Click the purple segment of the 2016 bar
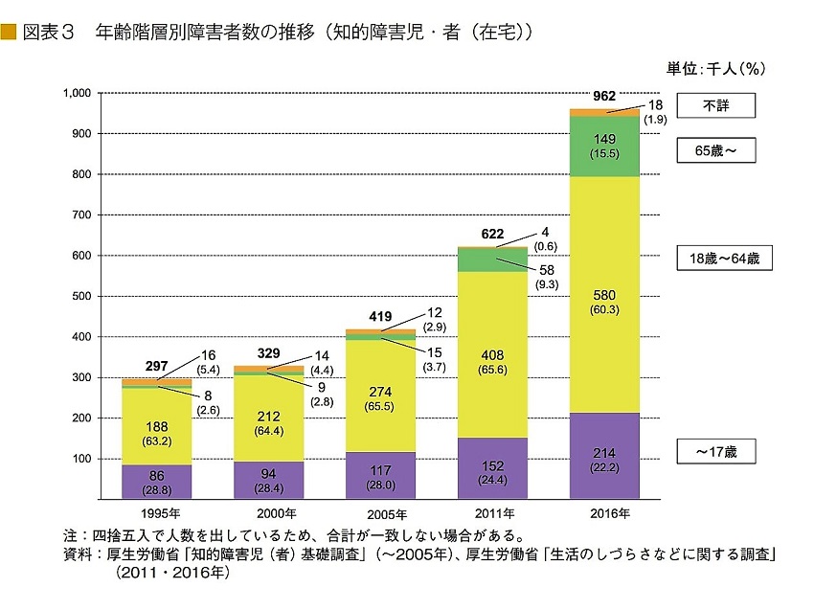[604, 455]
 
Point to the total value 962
[604, 96]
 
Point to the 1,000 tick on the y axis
[75, 93]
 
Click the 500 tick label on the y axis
[79, 297]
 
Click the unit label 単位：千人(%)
[717, 68]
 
